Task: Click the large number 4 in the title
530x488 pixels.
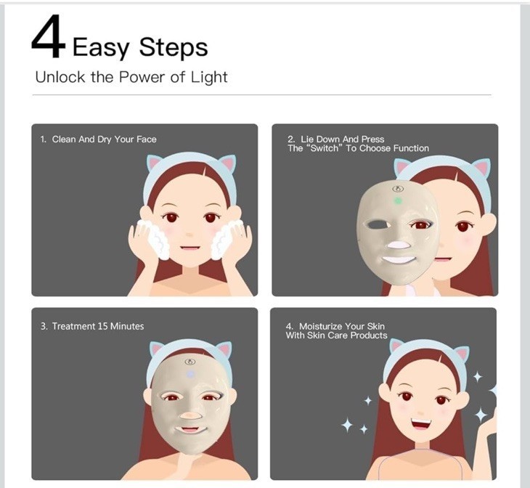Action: pos(48,36)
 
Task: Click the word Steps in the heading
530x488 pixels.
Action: pos(174,47)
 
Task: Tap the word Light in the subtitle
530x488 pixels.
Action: pos(209,78)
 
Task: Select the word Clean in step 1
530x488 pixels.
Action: pos(64,139)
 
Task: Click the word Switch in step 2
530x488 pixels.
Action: pos(325,148)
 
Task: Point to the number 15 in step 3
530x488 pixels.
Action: pos(102,326)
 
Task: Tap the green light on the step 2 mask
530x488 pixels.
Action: pos(398,201)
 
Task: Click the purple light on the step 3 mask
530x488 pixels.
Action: pos(190,374)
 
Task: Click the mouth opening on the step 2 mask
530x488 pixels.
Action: pos(399,260)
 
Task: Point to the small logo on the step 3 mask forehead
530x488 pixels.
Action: pos(190,362)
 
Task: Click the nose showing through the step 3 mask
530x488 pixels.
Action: pos(191,415)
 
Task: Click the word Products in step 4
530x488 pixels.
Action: pos(369,335)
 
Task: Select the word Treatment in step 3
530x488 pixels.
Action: pos(73,326)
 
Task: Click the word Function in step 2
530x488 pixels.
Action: pos(411,148)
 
